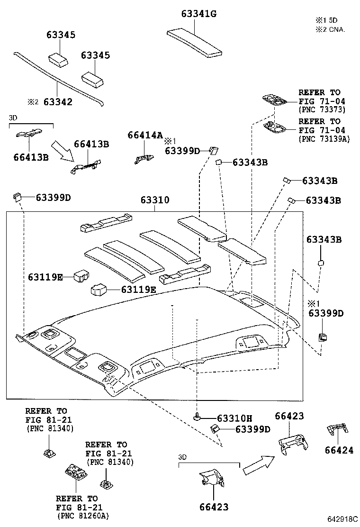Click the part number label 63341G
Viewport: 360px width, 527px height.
point(198,14)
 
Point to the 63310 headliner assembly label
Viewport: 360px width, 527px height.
point(154,200)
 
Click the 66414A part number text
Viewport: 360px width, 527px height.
point(145,135)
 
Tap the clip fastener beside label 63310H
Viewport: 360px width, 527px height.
point(198,417)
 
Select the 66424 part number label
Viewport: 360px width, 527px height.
point(339,450)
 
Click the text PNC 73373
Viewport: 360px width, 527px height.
point(322,109)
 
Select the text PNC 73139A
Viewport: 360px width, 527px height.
point(324,138)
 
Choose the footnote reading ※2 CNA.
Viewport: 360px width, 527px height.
point(331,29)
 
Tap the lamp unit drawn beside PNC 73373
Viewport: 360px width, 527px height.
point(275,100)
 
